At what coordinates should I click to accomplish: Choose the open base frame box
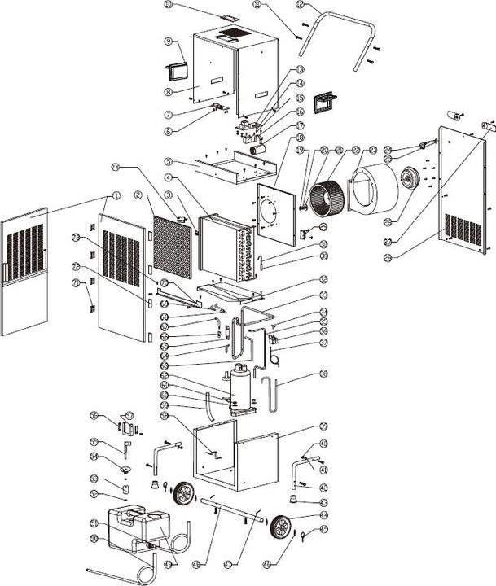[236, 460]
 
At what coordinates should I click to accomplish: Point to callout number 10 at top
[169, 5]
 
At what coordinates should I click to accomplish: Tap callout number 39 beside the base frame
[324, 426]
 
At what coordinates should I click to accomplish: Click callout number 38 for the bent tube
[324, 375]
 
